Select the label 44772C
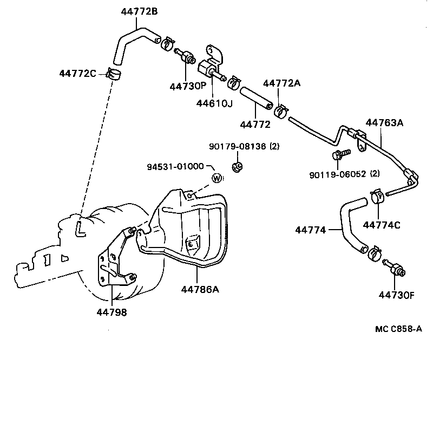coord(77,73)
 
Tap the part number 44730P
coord(187,86)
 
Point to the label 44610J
coord(215,103)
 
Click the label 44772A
coord(281,82)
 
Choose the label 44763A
coord(384,122)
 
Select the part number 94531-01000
coord(175,166)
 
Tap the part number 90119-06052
coord(337,174)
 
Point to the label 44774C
coord(382,225)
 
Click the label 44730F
coord(396,295)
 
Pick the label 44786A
coord(200,289)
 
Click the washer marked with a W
coord(217,178)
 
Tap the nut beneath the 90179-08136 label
coord(237,166)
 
